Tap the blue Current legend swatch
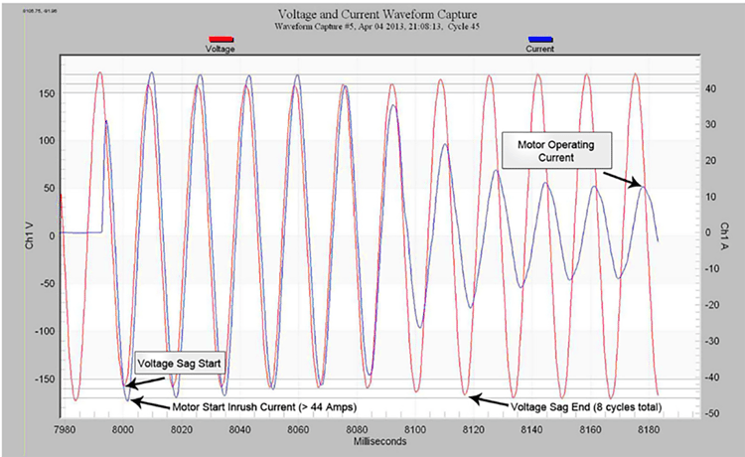pyautogui.click(x=539, y=40)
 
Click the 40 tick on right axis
pyautogui.click(x=711, y=88)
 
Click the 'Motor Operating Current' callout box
pyautogui.click(x=556, y=150)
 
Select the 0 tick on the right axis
pyautogui.click(x=708, y=232)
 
